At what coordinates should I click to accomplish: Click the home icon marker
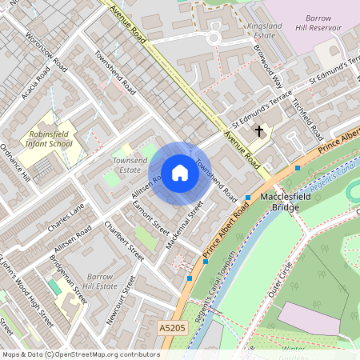pyautogui.click(x=180, y=173)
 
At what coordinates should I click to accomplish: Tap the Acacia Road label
pyautogui.click(x=38, y=79)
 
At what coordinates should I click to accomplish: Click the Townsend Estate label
pyautogui.click(x=130, y=166)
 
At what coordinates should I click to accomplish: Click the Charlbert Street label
pyautogui.click(x=125, y=241)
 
